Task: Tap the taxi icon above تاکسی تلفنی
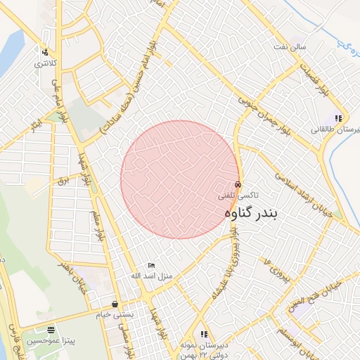click(x=238, y=184)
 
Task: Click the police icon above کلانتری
click(x=45, y=52)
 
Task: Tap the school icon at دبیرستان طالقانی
click(x=338, y=119)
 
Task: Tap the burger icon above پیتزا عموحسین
click(x=50, y=329)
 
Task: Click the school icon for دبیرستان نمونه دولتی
click(x=204, y=334)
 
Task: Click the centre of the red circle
click(x=179, y=179)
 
